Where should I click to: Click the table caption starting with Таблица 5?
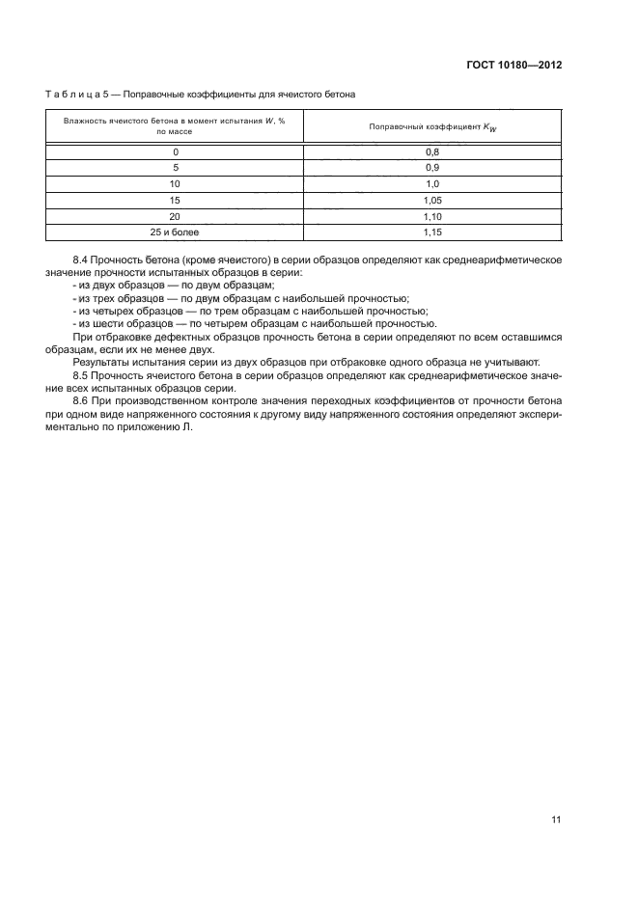coord(201,95)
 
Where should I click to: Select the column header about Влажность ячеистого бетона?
coord(175,124)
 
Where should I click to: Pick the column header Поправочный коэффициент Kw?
coord(432,126)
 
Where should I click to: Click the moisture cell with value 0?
coord(175,151)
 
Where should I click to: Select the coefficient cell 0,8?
coord(432,151)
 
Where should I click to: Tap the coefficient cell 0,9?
coord(432,168)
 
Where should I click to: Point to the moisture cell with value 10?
coord(175,183)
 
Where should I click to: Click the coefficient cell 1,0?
coord(432,183)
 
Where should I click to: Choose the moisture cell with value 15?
coord(175,200)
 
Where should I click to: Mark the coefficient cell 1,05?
coord(432,200)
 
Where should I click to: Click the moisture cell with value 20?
coord(175,216)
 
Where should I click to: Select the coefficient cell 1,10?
coord(432,216)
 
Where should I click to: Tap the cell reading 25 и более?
coord(175,232)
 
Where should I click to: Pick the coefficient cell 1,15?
coord(432,232)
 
